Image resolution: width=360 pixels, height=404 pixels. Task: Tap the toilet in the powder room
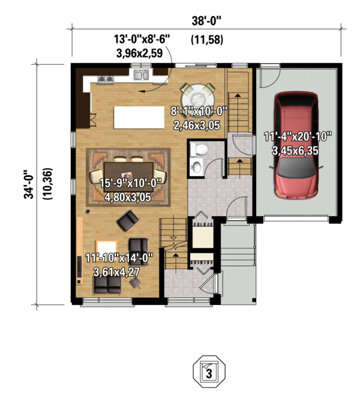coord(202,149)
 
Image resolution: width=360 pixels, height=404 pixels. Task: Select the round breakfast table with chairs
coord(197,95)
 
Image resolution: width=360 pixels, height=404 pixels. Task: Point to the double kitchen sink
coord(142,76)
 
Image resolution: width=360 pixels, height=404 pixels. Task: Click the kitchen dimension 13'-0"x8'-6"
coord(142,38)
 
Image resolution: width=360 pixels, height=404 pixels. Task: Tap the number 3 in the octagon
coord(209,373)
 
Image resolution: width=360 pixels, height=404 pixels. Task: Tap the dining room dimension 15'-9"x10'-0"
coord(127,181)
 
